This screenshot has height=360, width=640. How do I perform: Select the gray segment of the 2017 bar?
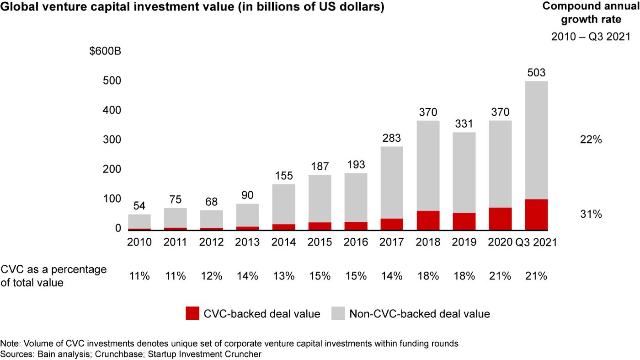(392, 183)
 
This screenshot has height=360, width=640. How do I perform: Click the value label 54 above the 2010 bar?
(139, 206)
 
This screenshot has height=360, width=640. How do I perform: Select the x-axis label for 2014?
(283, 242)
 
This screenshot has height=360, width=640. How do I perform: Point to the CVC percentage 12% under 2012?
(211, 276)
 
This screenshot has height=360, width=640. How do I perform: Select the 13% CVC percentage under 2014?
(283, 276)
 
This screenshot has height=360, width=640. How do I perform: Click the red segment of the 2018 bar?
(428, 220)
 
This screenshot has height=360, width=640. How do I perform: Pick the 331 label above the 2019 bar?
(464, 124)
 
